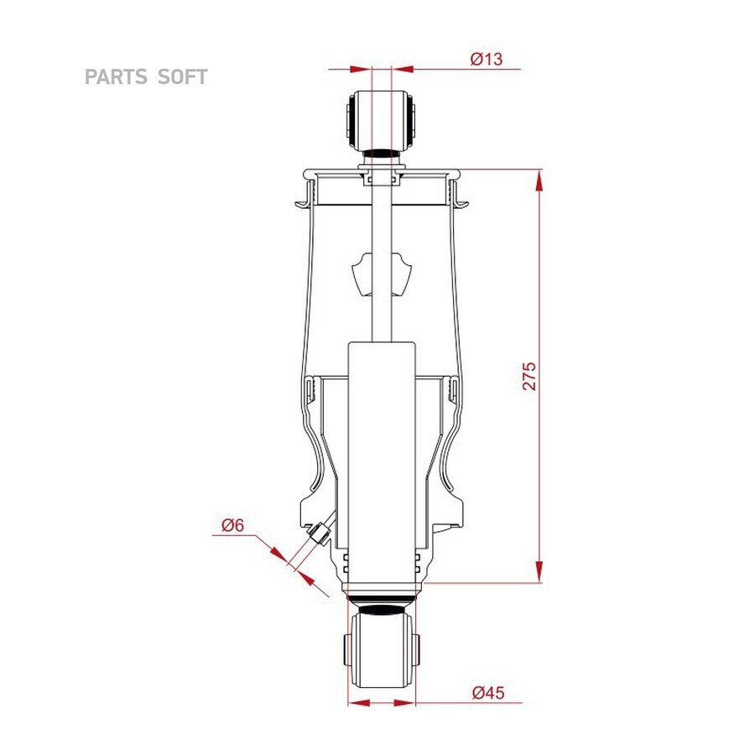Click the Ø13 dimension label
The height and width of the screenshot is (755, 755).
(487, 59)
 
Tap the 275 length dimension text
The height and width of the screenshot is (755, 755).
(529, 376)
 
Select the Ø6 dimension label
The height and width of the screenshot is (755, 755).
(233, 524)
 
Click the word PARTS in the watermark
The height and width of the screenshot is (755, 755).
(116, 77)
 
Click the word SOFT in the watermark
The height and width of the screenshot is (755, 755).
(183, 77)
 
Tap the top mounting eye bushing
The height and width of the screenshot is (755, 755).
(382, 119)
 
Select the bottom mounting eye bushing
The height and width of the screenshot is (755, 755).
(382, 648)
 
